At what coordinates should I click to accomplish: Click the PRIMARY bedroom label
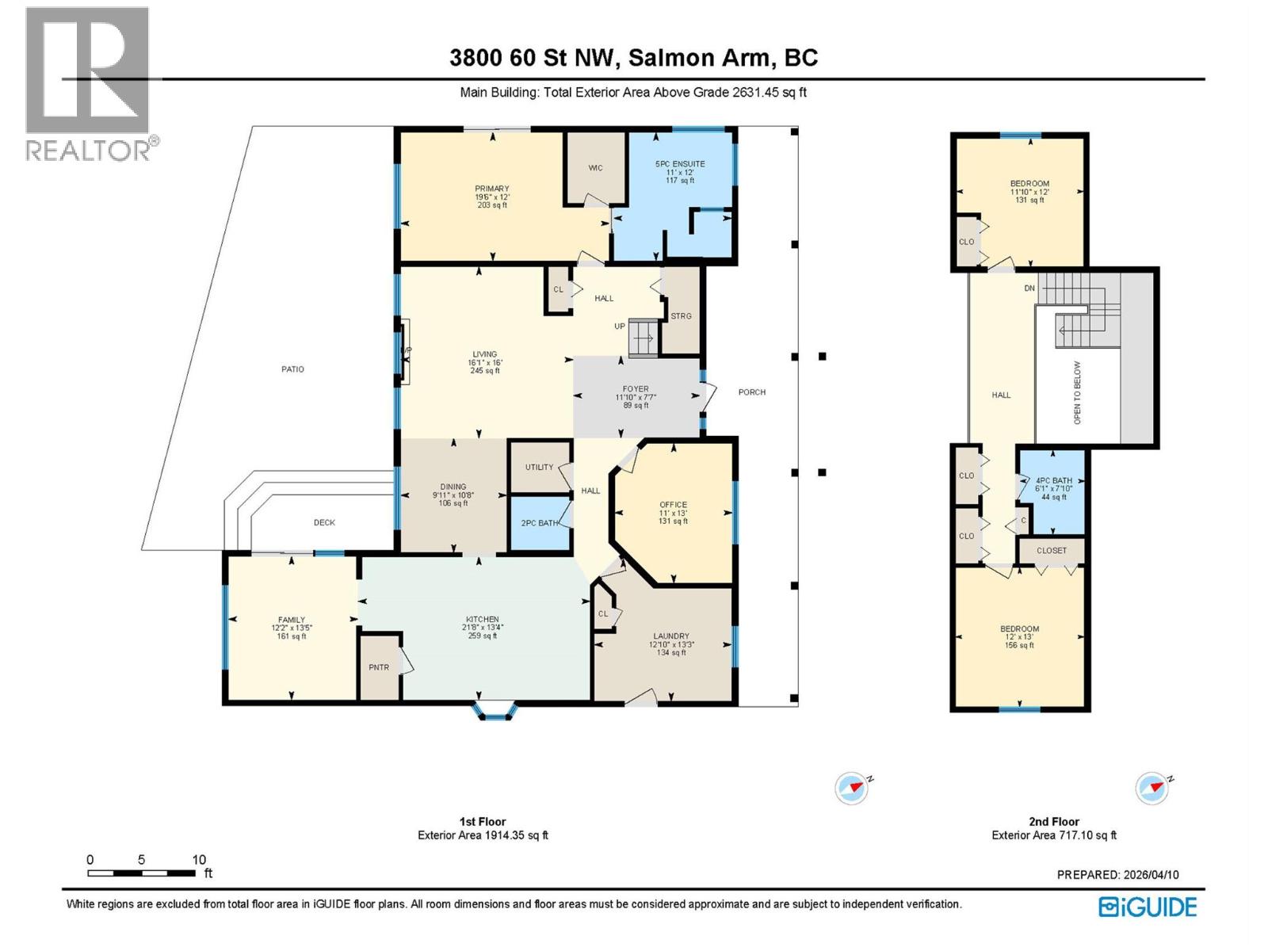[491, 189]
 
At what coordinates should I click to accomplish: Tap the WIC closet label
[595, 168]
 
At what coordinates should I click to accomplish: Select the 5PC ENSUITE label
[679, 164]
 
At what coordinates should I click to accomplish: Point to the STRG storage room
[681, 315]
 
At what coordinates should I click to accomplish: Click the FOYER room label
[636, 389]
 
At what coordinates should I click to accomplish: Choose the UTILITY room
[539, 467]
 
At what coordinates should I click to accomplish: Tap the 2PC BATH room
[539, 523]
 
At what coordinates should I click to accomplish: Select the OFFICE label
[674, 505]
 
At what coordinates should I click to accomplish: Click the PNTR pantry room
[379, 667]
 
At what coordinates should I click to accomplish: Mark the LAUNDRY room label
[670, 636]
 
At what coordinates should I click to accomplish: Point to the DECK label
[324, 522]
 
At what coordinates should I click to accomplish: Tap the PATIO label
[292, 369]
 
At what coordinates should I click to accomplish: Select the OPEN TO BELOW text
[1077, 393]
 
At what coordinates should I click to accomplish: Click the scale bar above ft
[141, 873]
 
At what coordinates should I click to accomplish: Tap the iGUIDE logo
[1148, 907]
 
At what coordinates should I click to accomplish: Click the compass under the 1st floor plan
[851, 789]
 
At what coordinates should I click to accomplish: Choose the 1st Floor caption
[482, 822]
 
